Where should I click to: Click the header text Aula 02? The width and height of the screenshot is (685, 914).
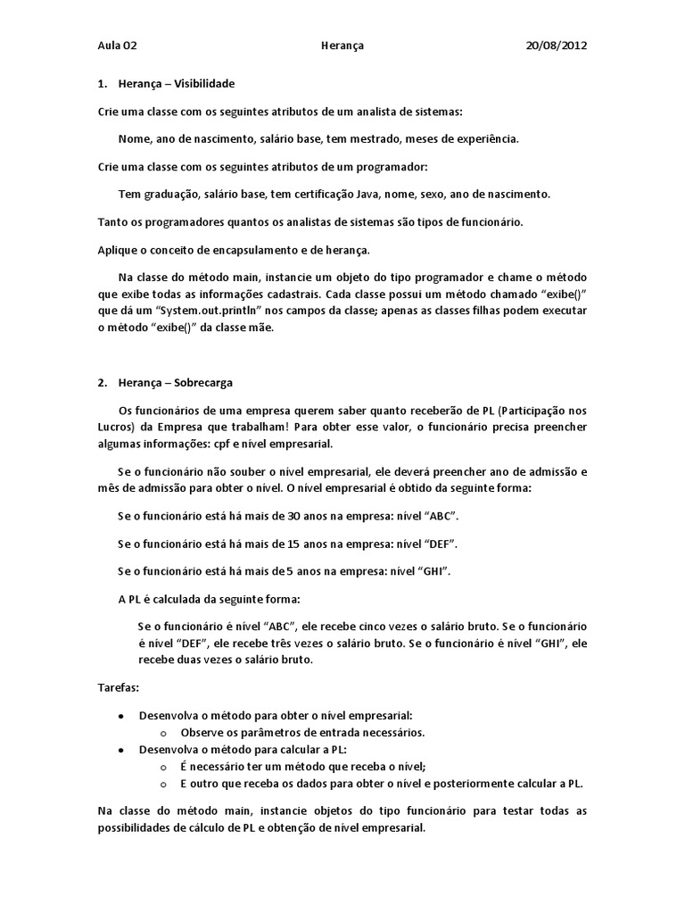pyautogui.click(x=118, y=45)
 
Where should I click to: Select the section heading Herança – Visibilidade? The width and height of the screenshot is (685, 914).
pyautogui.click(x=176, y=83)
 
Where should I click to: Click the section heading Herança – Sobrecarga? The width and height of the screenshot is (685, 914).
pyautogui.click(x=175, y=382)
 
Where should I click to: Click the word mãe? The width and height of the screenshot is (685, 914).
pyautogui.click(x=261, y=328)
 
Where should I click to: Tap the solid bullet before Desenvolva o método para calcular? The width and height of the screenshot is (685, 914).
pyautogui.click(x=120, y=750)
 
